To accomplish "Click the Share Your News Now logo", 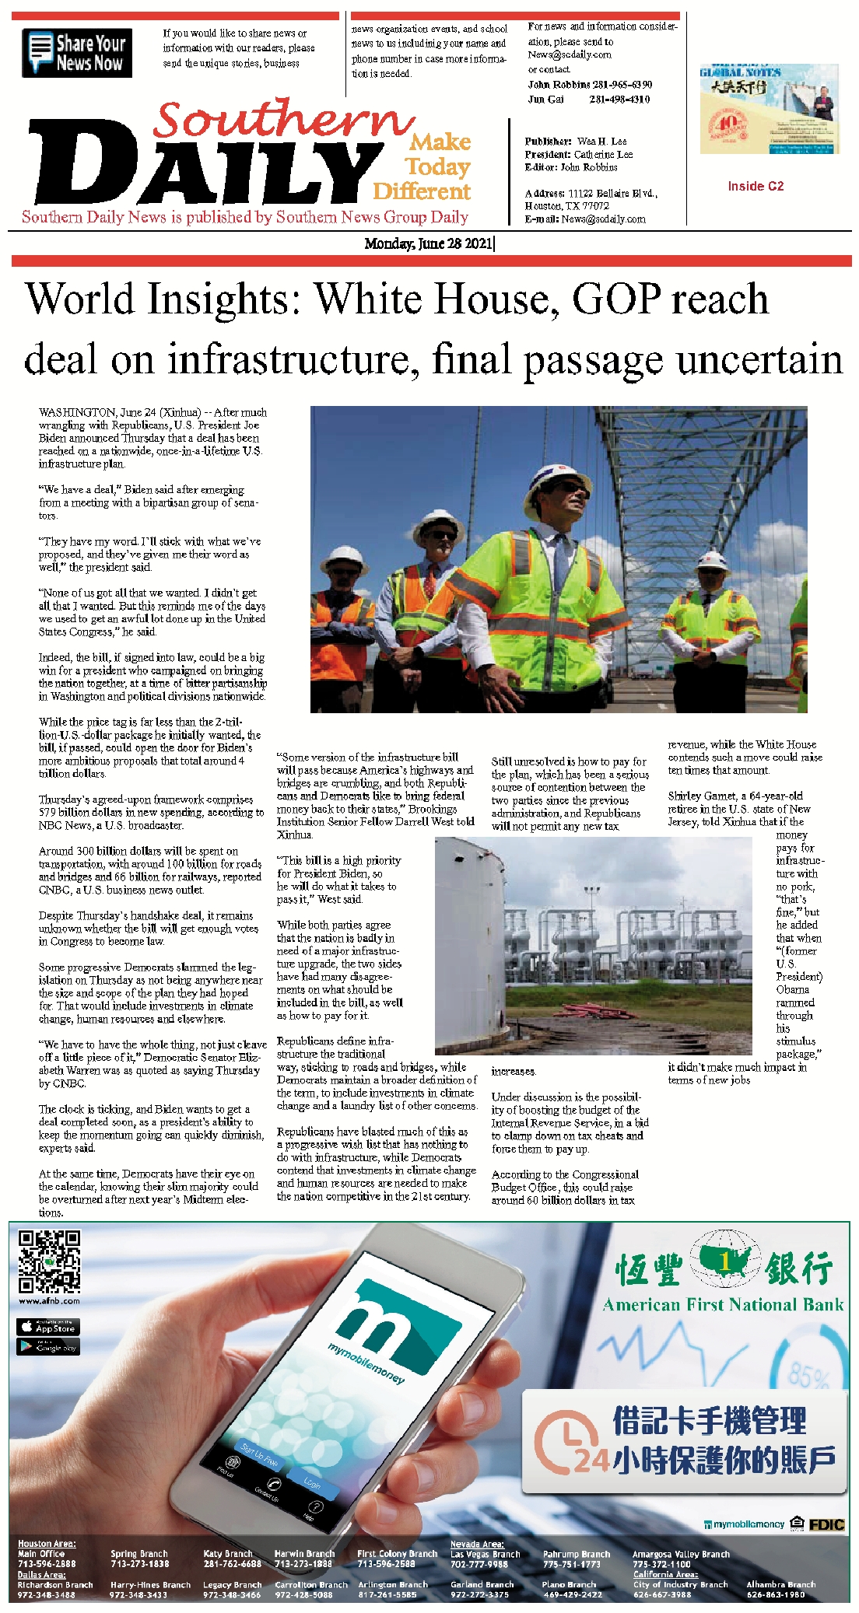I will [76, 53].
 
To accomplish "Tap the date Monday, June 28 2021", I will [428, 243].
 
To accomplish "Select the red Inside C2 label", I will [756, 186].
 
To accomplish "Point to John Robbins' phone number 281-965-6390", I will [622, 84].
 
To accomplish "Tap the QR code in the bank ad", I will [49, 1261].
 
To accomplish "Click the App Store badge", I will [48, 1327].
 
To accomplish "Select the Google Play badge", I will [48, 1346].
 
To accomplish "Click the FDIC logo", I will [826, 1524].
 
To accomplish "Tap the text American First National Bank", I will [723, 1304].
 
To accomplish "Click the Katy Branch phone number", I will [232, 1563].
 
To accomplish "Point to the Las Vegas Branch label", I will [486, 1554].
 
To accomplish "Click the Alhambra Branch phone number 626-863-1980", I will [775, 1594].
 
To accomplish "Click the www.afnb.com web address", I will [49, 1300].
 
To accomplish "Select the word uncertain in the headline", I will [759, 360].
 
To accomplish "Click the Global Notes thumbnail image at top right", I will [769, 109].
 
